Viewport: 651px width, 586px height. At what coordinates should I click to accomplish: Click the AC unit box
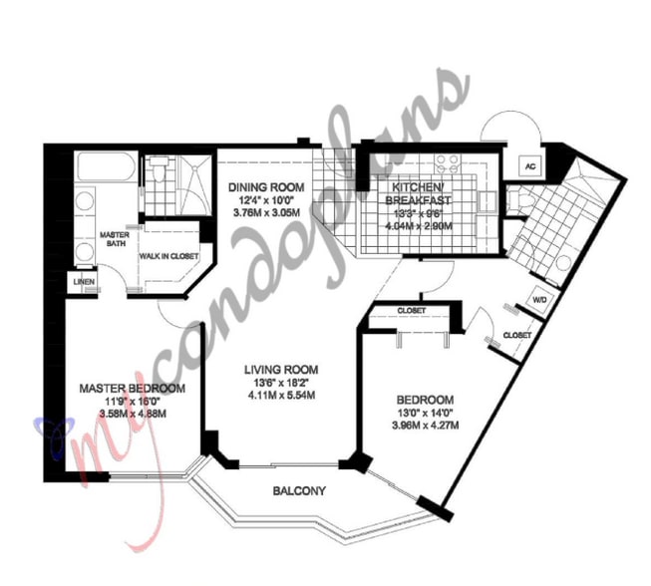(x=530, y=166)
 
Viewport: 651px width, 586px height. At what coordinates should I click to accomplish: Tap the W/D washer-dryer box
(x=538, y=299)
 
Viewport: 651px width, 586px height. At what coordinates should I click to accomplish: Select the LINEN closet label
(x=84, y=282)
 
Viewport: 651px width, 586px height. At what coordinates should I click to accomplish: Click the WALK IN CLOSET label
(x=167, y=257)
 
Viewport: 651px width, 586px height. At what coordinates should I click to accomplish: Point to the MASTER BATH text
(x=115, y=240)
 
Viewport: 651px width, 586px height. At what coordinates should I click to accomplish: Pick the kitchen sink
(x=488, y=202)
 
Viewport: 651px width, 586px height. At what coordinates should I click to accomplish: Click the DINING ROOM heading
(x=265, y=187)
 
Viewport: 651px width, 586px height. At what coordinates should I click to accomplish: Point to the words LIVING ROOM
(x=281, y=368)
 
